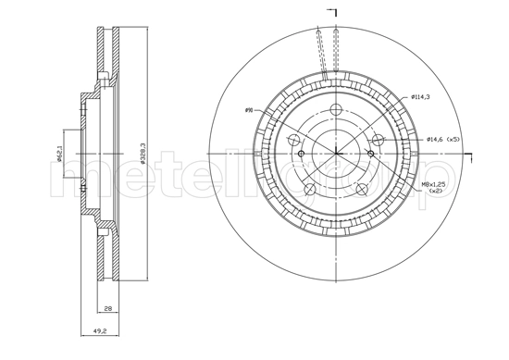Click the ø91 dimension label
coord(249,111)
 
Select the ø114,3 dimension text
coord(422,96)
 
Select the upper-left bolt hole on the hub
coord(295,140)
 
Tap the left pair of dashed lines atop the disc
coord(321,51)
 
